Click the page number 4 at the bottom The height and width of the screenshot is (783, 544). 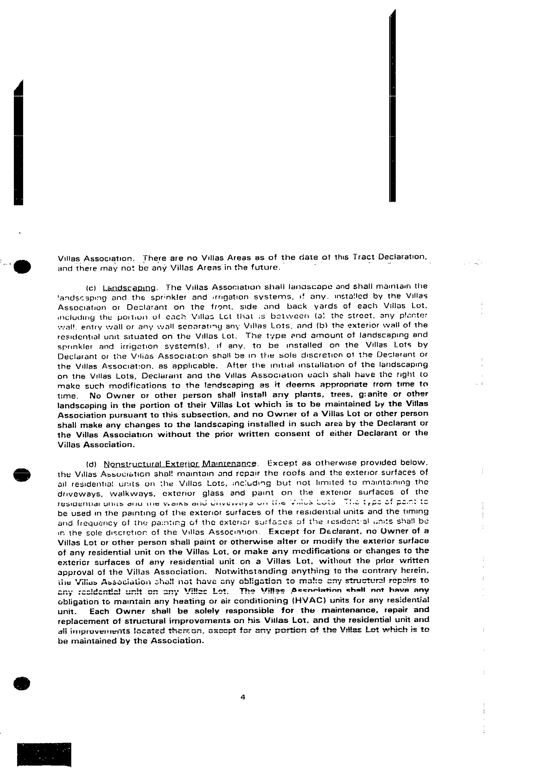[243, 697]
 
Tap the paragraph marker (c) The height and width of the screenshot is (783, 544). [92, 288]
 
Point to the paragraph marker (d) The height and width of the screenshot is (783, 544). [92, 464]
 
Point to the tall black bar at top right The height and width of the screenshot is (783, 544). [392, 106]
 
